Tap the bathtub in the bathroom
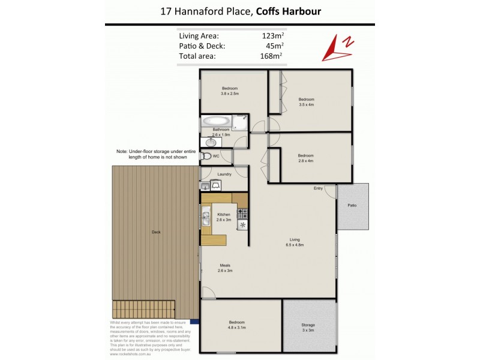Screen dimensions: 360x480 [x=217, y=119]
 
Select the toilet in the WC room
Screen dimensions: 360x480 [x=207, y=156]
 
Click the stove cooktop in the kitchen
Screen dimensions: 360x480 [x=242, y=212]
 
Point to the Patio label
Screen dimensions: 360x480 [x=352, y=206]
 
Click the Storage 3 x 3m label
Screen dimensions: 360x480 [x=308, y=328]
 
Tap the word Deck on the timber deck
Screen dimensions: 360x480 [x=156, y=232]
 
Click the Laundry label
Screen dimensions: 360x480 [x=225, y=175]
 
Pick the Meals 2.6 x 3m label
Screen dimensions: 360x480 [x=225, y=268]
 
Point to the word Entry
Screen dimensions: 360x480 [x=318, y=188]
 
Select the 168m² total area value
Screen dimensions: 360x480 [x=273, y=56]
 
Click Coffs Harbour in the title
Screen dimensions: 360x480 [x=284, y=11]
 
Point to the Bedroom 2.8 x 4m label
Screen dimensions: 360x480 [x=306, y=158]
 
